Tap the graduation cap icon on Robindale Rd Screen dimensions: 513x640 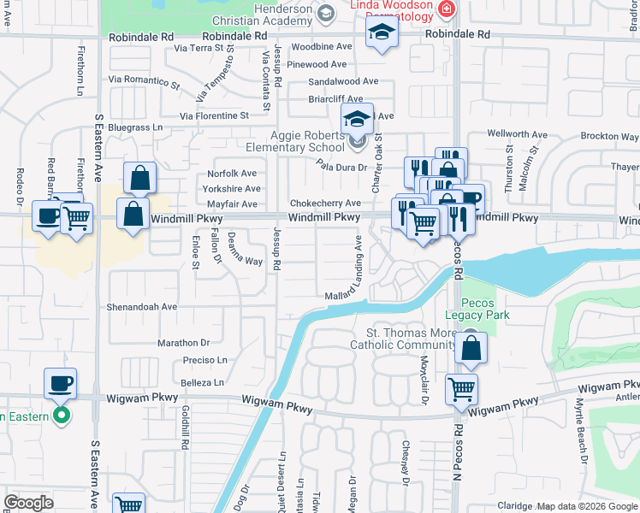382,35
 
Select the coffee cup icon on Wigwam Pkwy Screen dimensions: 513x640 61,383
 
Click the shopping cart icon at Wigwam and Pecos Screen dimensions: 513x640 462,389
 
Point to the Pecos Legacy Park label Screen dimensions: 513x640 485,309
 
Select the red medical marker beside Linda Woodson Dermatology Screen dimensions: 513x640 446,9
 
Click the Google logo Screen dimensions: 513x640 28,502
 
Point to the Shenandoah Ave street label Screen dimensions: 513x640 142,306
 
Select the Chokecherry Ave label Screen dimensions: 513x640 325,203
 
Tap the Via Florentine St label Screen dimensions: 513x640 214,115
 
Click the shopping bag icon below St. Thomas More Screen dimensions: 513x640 471,348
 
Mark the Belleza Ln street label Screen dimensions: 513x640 202,382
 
